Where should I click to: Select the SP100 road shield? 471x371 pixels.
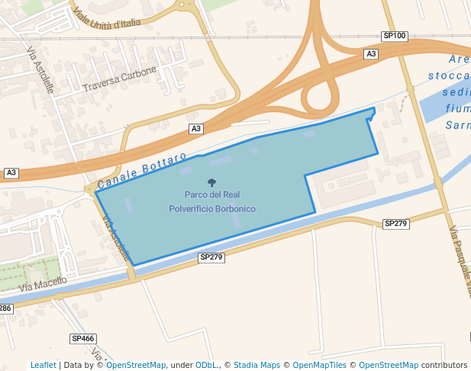coord(395,37)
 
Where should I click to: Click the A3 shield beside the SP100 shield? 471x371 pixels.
coord(371,53)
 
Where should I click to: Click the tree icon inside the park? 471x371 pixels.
coord(211,182)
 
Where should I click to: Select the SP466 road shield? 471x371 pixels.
coord(82,338)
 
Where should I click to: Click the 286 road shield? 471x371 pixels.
coord(5,308)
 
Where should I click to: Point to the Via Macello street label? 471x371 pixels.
coord(43,283)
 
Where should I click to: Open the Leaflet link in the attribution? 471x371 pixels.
coord(44,365)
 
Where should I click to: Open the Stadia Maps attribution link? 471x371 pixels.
coord(256,365)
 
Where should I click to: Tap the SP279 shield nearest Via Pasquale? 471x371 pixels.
coord(396,224)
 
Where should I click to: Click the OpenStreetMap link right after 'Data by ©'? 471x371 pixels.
coord(136,365)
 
